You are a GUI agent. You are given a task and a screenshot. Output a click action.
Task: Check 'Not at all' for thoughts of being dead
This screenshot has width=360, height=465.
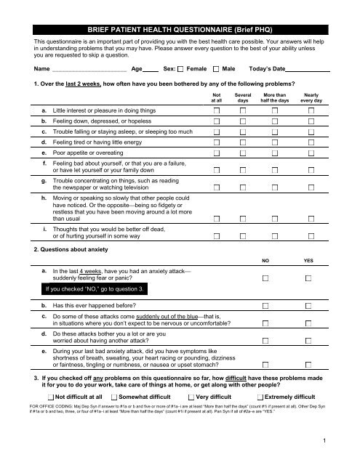(218, 235)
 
